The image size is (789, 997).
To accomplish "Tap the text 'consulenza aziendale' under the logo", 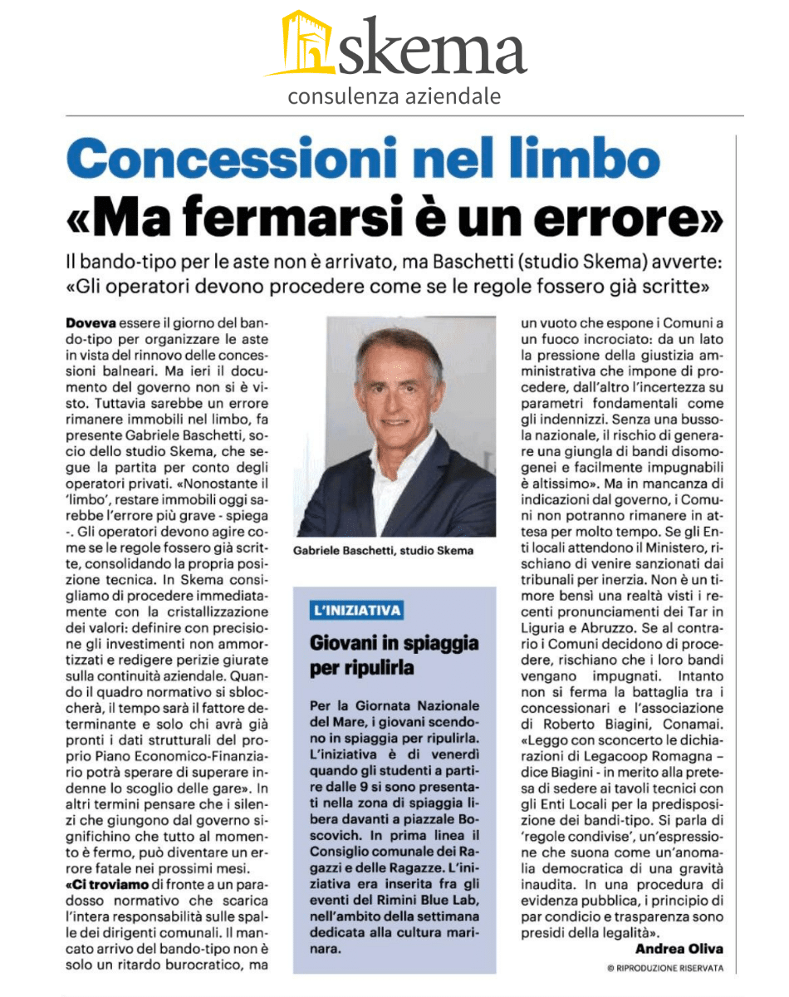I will coord(394,97).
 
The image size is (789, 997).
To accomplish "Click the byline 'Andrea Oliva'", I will coord(679,948).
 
